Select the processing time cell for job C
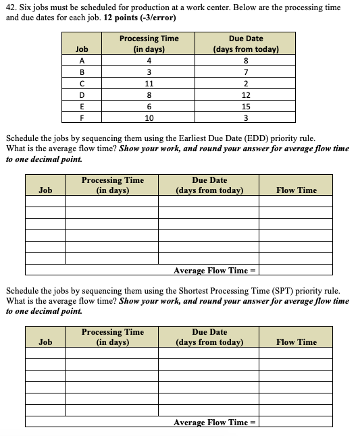(x=149, y=84)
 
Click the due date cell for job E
(x=247, y=107)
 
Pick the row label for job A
(x=82, y=61)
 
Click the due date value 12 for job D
(x=247, y=95)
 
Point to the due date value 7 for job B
(x=247, y=72)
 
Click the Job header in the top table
(x=82, y=49)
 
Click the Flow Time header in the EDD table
(x=296, y=190)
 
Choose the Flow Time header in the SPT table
(x=296, y=342)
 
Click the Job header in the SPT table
(x=45, y=342)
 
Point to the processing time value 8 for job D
(x=149, y=95)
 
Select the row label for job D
(x=82, y=95)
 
